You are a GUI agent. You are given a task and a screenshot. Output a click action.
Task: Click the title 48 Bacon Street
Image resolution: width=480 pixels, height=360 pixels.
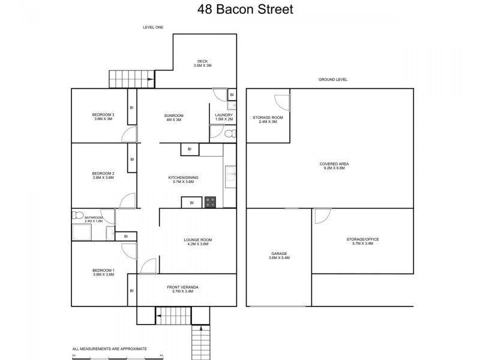coord(240,10)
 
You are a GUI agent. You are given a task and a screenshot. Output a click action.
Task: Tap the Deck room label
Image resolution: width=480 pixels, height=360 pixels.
coord(203,61)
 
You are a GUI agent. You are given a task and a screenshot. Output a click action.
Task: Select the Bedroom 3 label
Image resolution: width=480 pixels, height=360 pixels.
coord(103,115)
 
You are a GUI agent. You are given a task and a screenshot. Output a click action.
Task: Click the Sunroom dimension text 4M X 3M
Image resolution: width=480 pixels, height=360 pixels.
coord(173,120)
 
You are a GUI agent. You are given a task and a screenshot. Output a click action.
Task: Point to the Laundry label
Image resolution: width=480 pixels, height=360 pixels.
coord(224,115)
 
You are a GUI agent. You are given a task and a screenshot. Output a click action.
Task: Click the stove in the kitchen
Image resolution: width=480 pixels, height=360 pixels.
coord(211,202)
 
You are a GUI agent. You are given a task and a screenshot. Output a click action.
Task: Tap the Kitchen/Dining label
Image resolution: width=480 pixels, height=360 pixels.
coord(183,178)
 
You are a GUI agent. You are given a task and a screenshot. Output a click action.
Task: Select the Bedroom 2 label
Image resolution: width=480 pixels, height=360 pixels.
coord(103,173)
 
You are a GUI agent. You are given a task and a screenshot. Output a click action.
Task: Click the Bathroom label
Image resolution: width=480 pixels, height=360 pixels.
coord(94,217)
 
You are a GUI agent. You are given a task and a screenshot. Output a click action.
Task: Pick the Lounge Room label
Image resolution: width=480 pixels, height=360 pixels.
coord(197,240)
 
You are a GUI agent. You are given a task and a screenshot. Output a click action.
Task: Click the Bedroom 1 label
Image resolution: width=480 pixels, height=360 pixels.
coord(103,271)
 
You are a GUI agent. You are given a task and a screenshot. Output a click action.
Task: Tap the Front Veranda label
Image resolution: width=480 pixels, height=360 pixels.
coord(182,287)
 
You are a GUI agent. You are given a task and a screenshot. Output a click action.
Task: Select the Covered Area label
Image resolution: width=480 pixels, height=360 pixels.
coord(335,164)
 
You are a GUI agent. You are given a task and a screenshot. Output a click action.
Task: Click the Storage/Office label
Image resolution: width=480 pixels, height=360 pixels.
coord(362,239)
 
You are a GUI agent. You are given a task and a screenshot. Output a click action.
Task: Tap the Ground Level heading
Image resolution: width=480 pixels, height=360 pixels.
coord(333,80)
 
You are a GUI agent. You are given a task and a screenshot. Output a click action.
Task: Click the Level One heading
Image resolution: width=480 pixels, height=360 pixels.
coord(153,27)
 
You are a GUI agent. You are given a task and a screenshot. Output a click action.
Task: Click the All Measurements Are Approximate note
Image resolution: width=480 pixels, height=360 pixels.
coord(109,348)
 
